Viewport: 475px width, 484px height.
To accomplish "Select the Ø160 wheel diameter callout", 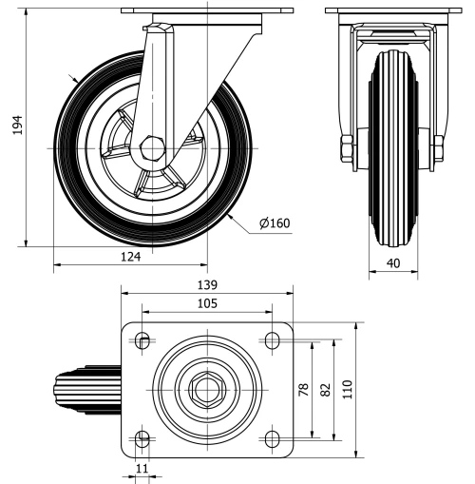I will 274,224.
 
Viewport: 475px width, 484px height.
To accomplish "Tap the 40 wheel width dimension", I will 392,263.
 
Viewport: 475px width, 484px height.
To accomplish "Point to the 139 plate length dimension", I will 207,284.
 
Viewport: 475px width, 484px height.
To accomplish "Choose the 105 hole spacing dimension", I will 207,303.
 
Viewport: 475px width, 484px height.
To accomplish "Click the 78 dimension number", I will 305,390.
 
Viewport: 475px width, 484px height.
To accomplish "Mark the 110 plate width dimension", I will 349,389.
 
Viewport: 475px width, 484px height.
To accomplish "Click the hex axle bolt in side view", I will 152,150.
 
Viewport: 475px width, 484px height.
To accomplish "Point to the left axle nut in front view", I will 347,148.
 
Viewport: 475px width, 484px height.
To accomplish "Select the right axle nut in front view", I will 437,148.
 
